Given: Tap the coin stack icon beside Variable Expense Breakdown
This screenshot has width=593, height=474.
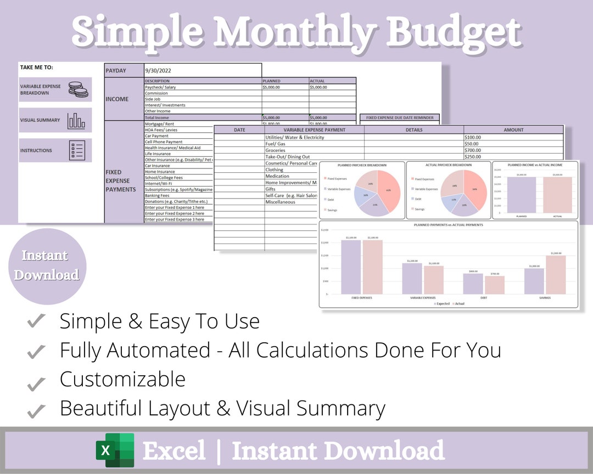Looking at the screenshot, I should point(78,89).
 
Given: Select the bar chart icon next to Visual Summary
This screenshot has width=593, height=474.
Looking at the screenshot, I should point(76,120).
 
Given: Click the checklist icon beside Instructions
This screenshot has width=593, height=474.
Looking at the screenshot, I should point(77,150).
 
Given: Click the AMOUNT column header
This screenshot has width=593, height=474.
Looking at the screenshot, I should point(513,130).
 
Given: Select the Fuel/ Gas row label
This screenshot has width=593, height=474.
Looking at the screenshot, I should point(275,144).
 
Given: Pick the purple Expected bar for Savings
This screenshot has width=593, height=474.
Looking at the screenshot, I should point(534,281).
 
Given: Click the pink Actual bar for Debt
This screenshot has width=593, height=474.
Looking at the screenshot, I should point(495,285).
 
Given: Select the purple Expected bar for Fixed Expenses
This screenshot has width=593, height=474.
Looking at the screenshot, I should point(351,267).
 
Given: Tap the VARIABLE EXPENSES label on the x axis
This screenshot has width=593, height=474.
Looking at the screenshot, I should point(423,298).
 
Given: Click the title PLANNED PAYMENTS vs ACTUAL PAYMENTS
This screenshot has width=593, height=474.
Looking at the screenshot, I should point(449,225).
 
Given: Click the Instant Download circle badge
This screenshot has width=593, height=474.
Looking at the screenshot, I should point(47,266).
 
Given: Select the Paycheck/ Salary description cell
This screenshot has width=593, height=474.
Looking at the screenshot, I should point(160,87).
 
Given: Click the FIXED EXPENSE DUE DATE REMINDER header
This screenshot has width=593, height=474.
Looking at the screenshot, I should point(400,117).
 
